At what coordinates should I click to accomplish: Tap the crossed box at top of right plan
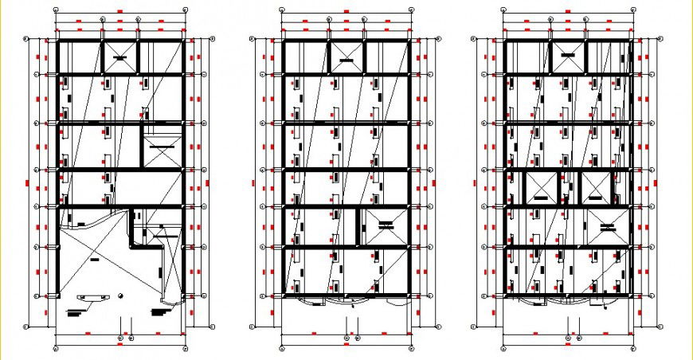(x=569, y=56)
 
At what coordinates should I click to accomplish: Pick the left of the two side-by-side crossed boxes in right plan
(x=540, y=188)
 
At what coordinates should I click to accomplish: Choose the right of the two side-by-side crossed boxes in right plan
(x=597, y=188)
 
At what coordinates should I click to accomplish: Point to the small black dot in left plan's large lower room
(x=119, y=296)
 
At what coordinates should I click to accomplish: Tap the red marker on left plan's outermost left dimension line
(x=27, y=183)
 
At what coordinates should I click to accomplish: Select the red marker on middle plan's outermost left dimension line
(x=253, y=183)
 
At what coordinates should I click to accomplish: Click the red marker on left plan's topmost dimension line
(x=120, y=11)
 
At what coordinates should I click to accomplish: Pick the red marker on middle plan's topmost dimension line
(x=346, y=11)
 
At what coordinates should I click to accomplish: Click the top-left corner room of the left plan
(x=80, y=57)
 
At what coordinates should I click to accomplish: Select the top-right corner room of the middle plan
(x=388, y=57)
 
